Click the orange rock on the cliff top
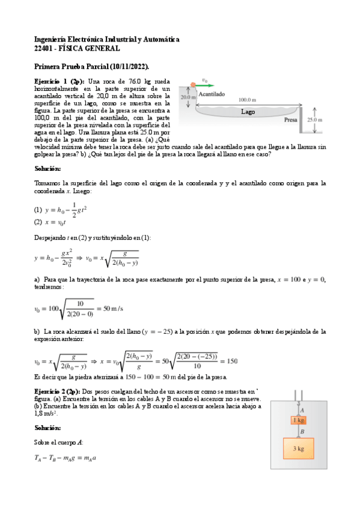pos(193,85)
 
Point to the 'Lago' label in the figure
pos(249,111)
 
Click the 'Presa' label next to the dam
pos(292,120)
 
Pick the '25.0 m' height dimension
pos(315,120)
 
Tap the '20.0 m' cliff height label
pos(188,97)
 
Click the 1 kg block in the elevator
pos(299,420)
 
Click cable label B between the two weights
pos(302,431)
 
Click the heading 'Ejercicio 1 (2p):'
pos(59,81)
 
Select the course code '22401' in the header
pos(45,48)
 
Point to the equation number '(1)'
pos(38,210)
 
